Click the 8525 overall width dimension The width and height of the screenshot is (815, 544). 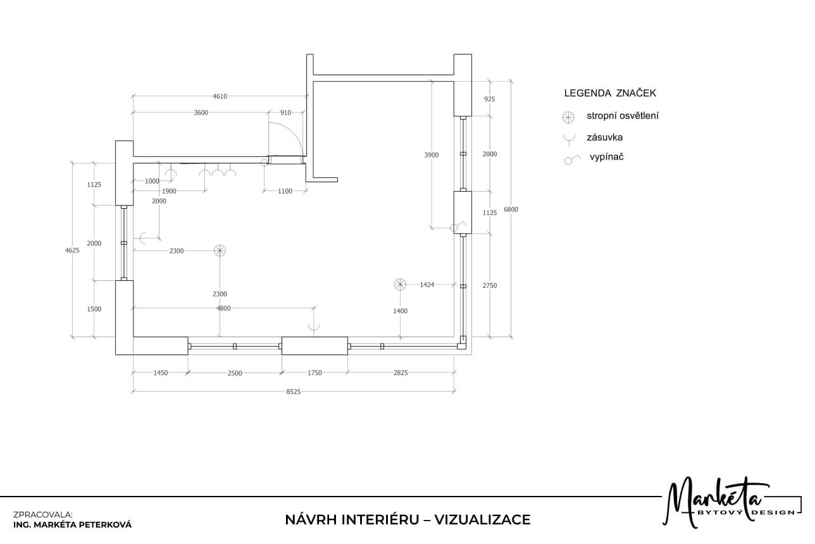point(293,392)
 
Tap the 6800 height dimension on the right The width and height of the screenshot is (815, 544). point(511,209)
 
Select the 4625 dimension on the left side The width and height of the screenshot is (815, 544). point(72,250)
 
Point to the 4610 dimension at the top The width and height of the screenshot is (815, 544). point(220,96)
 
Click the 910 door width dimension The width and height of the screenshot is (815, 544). point(285,113)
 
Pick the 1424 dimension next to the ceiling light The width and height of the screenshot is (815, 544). point(426,285)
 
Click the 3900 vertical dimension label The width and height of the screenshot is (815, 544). point(431,155)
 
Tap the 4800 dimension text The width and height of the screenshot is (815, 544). point(223,308)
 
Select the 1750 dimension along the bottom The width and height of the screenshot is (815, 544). point(314,373)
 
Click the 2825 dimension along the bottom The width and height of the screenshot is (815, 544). point(401,373)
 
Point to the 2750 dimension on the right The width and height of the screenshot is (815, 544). point(490,286)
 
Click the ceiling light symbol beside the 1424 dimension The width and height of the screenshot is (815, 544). point(400,285)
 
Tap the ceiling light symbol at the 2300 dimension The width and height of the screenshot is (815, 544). point(220,250)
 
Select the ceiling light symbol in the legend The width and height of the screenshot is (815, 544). point(568,117)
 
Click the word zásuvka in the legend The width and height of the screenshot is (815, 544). point(605,137)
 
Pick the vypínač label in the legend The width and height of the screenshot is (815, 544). point(607,157)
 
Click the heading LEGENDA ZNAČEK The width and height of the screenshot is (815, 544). point(610,93)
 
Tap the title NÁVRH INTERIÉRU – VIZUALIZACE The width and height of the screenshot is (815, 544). point(408,519)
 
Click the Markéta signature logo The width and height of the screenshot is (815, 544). point(731,502)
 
